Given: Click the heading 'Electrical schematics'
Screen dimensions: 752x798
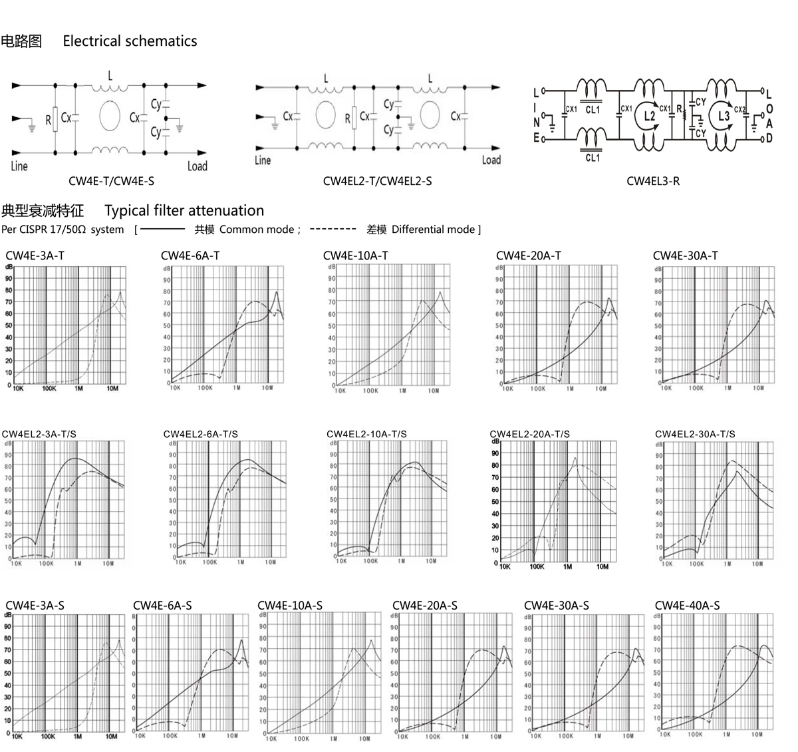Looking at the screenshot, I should [130, 41].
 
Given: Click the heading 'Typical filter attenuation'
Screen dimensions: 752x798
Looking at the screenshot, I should [184, 211].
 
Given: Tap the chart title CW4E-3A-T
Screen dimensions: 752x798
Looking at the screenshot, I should [35, 256].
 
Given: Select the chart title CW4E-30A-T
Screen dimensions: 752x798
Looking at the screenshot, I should [685, 256].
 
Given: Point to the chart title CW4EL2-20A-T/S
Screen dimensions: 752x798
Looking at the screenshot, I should [529, 434].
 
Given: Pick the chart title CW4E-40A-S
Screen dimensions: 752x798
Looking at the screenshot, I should [687, 606].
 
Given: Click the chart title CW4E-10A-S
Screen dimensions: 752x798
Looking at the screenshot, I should [290, 606].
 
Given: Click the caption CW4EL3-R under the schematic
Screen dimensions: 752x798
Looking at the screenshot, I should [653, 181].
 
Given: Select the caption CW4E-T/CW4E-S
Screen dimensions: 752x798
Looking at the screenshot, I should [112, 181].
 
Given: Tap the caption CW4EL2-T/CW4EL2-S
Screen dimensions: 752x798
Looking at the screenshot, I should [377, 181].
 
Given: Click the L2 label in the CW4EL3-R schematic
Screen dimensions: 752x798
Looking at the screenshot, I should [650, 116].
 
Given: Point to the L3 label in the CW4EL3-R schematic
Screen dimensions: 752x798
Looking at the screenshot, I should [724, 116].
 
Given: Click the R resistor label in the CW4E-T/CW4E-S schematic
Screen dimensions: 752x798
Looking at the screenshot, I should [48, 120].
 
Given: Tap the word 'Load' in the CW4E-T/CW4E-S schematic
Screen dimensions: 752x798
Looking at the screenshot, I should [197, 166].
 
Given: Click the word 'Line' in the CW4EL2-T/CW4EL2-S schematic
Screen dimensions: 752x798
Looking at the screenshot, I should [263, 160].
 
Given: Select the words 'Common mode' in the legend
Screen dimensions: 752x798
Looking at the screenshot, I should [256, 230].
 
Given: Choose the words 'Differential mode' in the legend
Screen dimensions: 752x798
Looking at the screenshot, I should [432, 230].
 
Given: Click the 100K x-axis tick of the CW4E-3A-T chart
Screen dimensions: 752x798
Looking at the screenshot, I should [49, 389].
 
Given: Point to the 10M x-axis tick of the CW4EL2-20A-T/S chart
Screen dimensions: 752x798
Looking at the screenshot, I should [602, 567].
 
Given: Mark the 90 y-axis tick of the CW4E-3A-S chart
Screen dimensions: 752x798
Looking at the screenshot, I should [7, 626].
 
